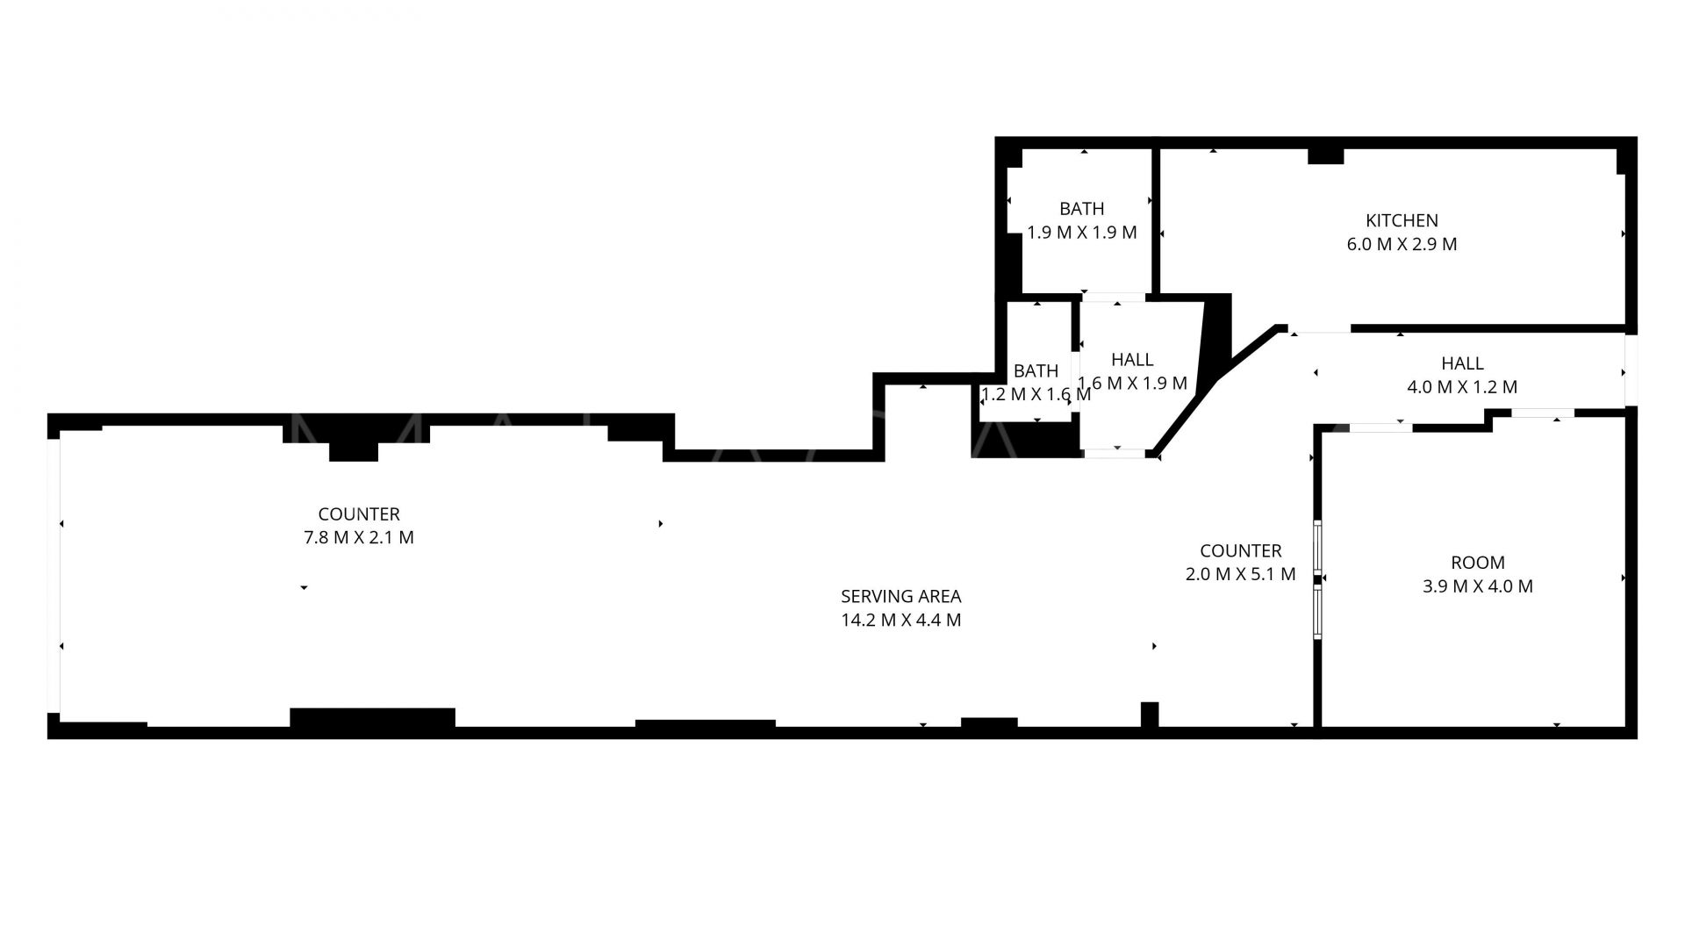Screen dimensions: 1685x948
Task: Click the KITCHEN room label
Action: (x=1402, y=220)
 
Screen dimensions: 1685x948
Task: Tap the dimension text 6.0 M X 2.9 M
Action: (x=1402, y=244)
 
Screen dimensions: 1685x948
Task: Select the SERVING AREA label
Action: (x=900, y=596)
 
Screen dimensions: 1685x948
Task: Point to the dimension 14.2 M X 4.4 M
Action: (x=900, y=620)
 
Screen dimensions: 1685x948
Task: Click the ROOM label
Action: (x=1478, y=563)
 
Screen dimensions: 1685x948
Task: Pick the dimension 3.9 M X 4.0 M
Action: (x=1478, y=586)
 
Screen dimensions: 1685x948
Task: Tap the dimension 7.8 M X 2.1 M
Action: (x=359, y=537)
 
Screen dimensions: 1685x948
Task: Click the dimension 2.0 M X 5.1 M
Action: (x=1241, y=574)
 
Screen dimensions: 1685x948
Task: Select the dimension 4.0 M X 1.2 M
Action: (x=1462, y=386)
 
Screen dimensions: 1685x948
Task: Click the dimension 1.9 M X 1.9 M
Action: (x=1082, y=233)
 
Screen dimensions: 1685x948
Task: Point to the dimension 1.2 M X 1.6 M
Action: (x=1036, y=394)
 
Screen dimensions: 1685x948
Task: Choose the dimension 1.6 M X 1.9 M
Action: (x=1132, y=383)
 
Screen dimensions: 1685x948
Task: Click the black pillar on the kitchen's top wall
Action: (x=1325, y=155)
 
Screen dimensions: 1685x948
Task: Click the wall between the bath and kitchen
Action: (x=1156, y=220)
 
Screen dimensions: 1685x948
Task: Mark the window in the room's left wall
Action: (x=1317, y=578)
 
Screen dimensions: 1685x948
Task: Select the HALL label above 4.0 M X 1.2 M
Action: (x=1462, y=363)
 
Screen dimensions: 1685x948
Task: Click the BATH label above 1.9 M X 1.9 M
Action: (x=1082, y=209)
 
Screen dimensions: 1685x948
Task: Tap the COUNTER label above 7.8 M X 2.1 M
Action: (x=359, y=513)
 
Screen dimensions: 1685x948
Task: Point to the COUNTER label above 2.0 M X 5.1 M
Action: (x=1241, y=550)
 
